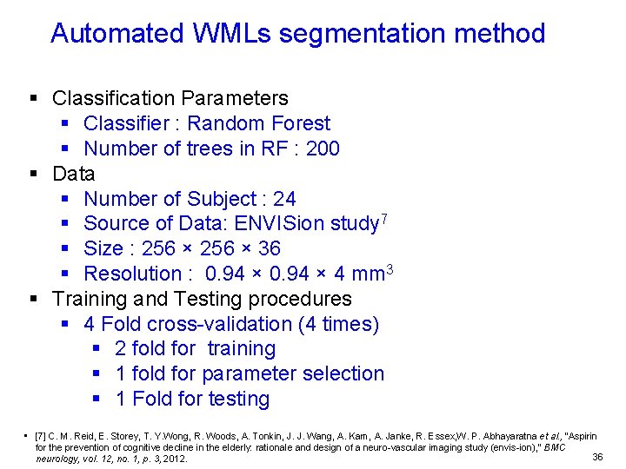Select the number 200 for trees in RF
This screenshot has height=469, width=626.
(323, 149)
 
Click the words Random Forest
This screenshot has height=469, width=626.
(258, 123)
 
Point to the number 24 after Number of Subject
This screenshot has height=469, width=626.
(284, 199)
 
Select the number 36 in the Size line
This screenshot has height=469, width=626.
(269, 249)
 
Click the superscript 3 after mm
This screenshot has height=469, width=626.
(390, 268)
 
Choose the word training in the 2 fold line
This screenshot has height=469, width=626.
(241, 349)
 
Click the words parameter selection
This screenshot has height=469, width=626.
(292, 374)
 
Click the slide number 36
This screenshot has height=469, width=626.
(596, 457)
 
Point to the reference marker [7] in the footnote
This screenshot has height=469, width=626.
(41, 436)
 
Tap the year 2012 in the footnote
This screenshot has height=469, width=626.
(174, 459)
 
